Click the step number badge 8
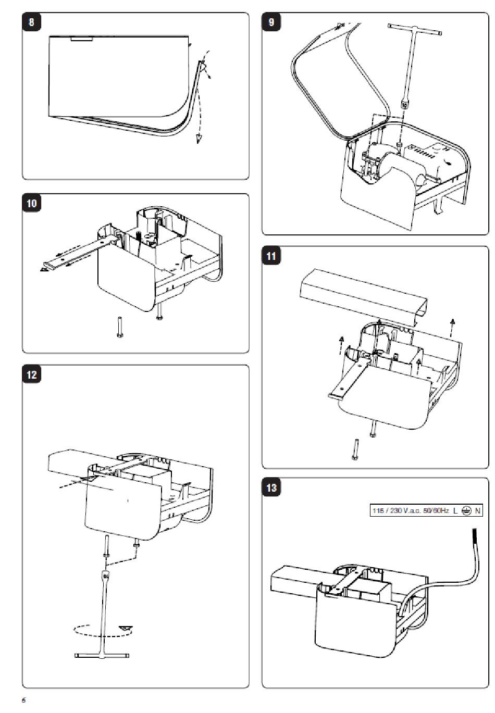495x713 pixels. click(x=32, y=23)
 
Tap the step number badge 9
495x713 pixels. click(x=271, y=22)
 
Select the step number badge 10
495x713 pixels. click(x=32, y=203)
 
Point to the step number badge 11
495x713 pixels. click(x=271, y=256)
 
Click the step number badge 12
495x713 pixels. click(x=32, y=374)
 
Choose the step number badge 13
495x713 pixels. click(x=271, y=488)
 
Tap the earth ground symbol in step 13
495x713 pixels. click(x=466, y=510)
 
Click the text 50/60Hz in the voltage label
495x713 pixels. click(x=435, y=510)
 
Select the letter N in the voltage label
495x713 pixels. click(x=478, y=510)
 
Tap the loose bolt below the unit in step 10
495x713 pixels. click(x=119, y=327)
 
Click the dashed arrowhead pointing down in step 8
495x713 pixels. click(x=199, y=138)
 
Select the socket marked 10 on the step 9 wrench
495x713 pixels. click(x=404, y=105)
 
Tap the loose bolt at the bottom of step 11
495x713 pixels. click(x=355, y=449)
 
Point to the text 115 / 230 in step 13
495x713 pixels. click(x=387, y=510)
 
